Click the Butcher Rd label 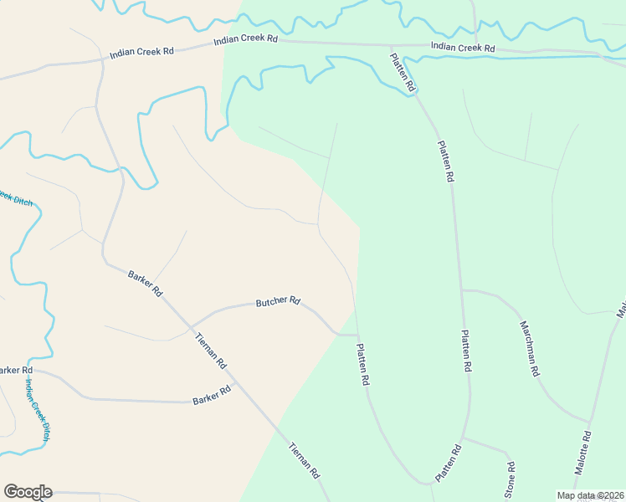coord(278,301)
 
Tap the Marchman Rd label coord(529,348)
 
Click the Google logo coord(28,492)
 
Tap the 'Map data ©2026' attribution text coord(590,495)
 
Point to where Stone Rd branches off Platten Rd coord(463,438)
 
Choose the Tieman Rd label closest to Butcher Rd coord(210,351)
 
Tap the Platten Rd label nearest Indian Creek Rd coord(403,72)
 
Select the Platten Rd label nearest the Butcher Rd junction coord(363,364)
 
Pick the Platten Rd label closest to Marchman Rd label coord(465,351)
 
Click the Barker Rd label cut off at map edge coord(14,370)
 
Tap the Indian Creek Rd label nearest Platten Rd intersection coord(463,48)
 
